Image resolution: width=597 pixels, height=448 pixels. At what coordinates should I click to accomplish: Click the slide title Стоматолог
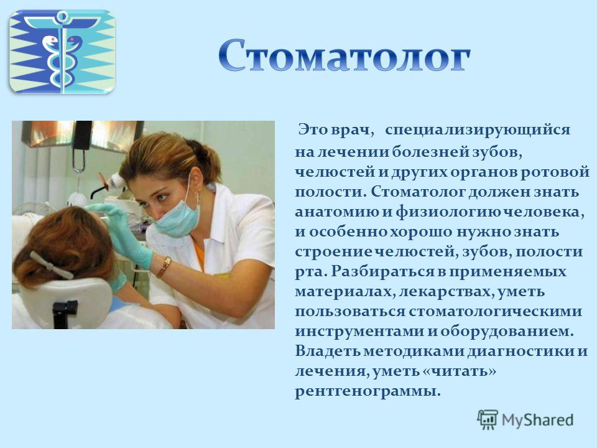345,55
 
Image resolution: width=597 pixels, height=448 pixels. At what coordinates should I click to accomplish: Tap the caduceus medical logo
62,52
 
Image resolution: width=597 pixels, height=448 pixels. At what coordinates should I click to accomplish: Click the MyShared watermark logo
525,420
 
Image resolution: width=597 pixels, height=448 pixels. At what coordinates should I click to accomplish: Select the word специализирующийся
478,130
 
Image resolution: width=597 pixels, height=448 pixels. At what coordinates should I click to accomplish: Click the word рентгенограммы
368,391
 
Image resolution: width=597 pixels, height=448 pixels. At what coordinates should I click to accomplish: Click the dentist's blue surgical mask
177,217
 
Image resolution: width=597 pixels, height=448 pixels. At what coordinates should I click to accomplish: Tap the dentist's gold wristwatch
164,266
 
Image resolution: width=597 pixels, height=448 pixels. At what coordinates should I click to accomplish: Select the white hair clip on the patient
51,266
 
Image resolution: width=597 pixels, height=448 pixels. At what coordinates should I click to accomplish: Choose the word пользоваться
350,312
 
